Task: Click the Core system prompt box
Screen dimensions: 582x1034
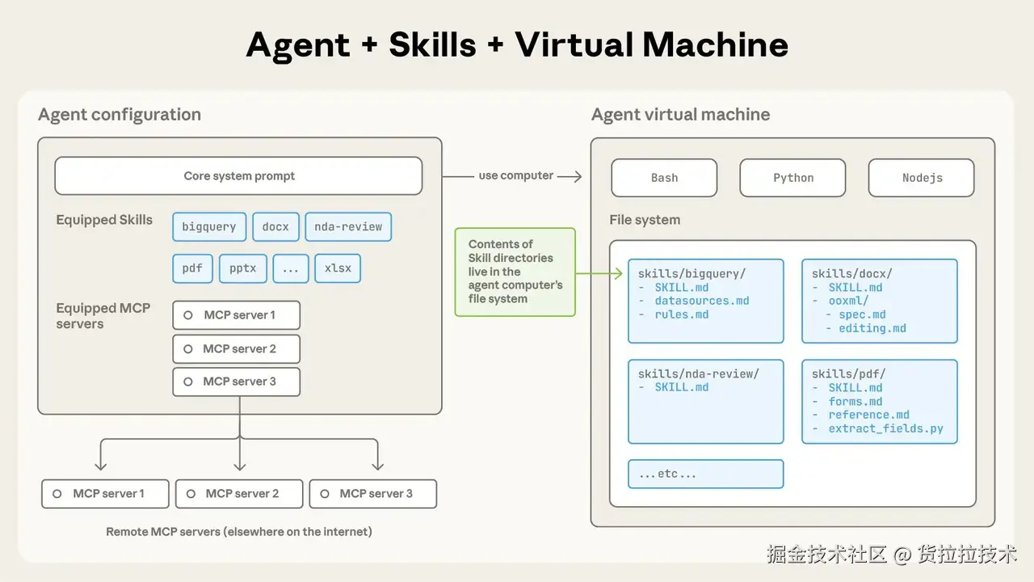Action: [238, 176]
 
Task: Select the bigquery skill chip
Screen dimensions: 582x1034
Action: [208, 227]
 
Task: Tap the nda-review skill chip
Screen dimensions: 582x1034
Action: [348, 227]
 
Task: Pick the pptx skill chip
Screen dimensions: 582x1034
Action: [242, 268]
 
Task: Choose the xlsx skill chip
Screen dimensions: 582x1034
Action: [338, 268]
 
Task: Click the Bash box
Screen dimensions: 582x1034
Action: [664, 178]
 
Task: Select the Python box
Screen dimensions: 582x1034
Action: [792, 178]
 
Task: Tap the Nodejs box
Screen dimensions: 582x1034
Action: [922, 178]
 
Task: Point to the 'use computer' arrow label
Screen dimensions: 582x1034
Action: [515, 175]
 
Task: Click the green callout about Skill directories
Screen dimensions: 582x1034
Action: [515, 272]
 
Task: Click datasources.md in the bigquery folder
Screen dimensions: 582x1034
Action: [701, 301]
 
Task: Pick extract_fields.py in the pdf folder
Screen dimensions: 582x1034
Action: [885, 428]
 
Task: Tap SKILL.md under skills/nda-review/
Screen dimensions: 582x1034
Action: [681, 387]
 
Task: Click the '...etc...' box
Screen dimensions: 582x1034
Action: [705, 474]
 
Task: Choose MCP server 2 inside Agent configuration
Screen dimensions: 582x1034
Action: [236, 349]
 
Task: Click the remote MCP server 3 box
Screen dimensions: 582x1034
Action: [372, 494]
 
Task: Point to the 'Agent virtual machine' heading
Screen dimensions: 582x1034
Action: [680, 115]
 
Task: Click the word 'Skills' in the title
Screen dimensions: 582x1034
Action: [432, 44]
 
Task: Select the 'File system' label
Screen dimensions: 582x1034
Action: [645, 220]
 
